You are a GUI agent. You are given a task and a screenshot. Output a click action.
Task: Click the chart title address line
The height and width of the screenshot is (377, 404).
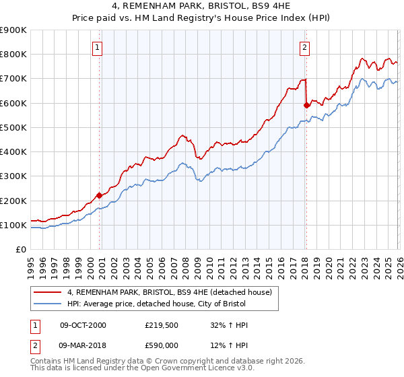203,7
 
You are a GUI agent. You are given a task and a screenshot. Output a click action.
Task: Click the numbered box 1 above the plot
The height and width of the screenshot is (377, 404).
98,47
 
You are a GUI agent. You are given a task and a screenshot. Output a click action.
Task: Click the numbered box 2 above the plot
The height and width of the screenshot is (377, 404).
305,47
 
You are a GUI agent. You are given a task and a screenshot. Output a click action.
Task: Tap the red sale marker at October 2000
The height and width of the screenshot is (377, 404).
99,195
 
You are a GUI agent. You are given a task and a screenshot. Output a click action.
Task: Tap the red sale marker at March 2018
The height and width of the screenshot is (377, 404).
306,105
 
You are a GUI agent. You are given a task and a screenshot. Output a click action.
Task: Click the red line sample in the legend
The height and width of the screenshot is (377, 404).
48,292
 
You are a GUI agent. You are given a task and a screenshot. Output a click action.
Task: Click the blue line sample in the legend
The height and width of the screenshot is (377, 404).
48,304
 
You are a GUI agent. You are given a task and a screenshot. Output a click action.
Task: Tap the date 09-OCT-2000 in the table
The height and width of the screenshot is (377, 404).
83,325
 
